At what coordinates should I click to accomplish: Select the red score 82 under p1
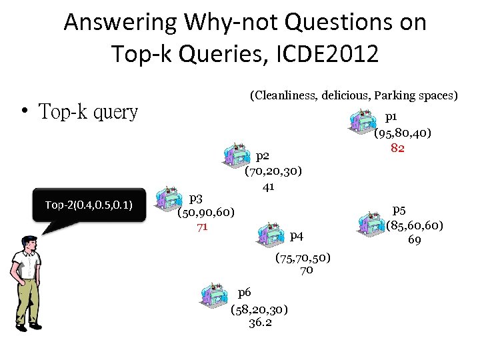pyautogui.click(x=397, y=148)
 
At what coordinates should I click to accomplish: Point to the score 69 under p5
pyautogui.click(x=414, y=239)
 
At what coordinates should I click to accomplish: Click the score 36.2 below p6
pyautogui.click(x=259, y=323)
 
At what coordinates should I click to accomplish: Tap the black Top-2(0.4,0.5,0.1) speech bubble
pyautogui.click(x=89, y=205)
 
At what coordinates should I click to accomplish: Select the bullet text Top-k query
pyautogui.click(x=89, y=112)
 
